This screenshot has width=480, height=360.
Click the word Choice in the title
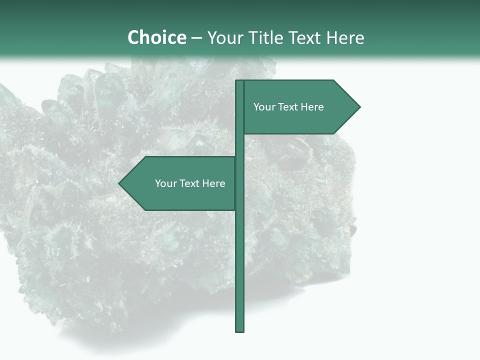coord(156,37)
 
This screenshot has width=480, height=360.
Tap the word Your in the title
coord(225,38)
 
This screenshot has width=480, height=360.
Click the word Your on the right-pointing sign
coord(263,107)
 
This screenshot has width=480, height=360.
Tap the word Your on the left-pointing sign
coord(165,183)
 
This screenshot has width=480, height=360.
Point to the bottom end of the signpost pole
coord(240,330)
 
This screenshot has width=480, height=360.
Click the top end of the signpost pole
coord(240,82)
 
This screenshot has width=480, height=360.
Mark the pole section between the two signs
coord(240,145)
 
